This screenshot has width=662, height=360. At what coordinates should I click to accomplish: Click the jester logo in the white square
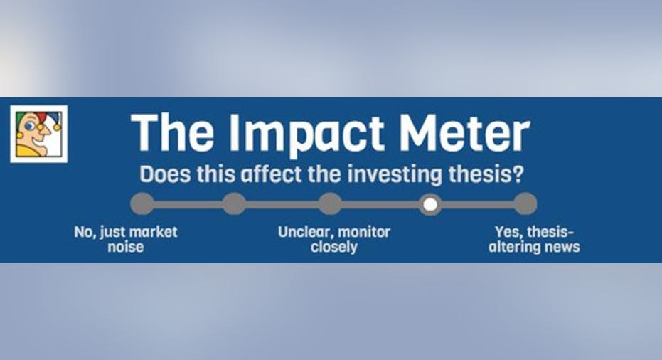point(39,134)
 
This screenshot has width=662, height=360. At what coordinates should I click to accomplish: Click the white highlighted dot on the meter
point(430,204)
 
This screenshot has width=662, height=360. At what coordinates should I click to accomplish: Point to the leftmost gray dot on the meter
point(142,203)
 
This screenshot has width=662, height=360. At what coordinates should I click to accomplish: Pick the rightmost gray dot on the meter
point(525,203)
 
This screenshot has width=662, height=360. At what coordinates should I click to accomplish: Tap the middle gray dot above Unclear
point(330,203)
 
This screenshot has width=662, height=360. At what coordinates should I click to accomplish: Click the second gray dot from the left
point(235,203)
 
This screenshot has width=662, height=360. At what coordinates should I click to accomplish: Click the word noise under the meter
point(125,247)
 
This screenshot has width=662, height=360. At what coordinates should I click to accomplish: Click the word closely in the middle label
point(334,247)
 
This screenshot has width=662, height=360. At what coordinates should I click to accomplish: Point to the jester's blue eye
point(28,126)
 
